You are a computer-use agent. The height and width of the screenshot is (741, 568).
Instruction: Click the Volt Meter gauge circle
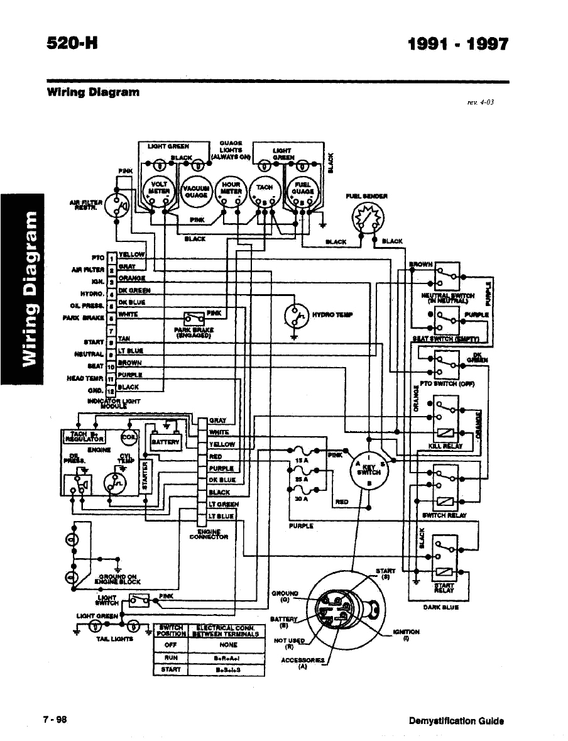(x=157, y=189)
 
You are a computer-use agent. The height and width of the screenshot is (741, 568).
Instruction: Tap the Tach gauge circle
(x=265, y=189)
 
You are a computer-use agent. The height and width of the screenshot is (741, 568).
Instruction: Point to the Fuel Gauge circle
(x=302, y=189)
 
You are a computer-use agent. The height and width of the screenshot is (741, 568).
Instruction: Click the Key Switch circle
(x=371, y=468)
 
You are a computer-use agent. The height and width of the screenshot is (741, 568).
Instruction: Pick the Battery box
(x=166, y=441)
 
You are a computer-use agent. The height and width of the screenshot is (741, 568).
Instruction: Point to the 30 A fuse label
(x=300, y=499)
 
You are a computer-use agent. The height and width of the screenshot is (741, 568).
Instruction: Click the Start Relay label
(x=444, y=587)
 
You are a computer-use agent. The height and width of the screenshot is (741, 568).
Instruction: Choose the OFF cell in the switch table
(x=169, y=645)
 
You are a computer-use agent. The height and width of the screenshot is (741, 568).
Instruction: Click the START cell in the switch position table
(x=169, y=669)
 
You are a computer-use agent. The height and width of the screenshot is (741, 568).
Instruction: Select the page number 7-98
(x=55, y=721)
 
